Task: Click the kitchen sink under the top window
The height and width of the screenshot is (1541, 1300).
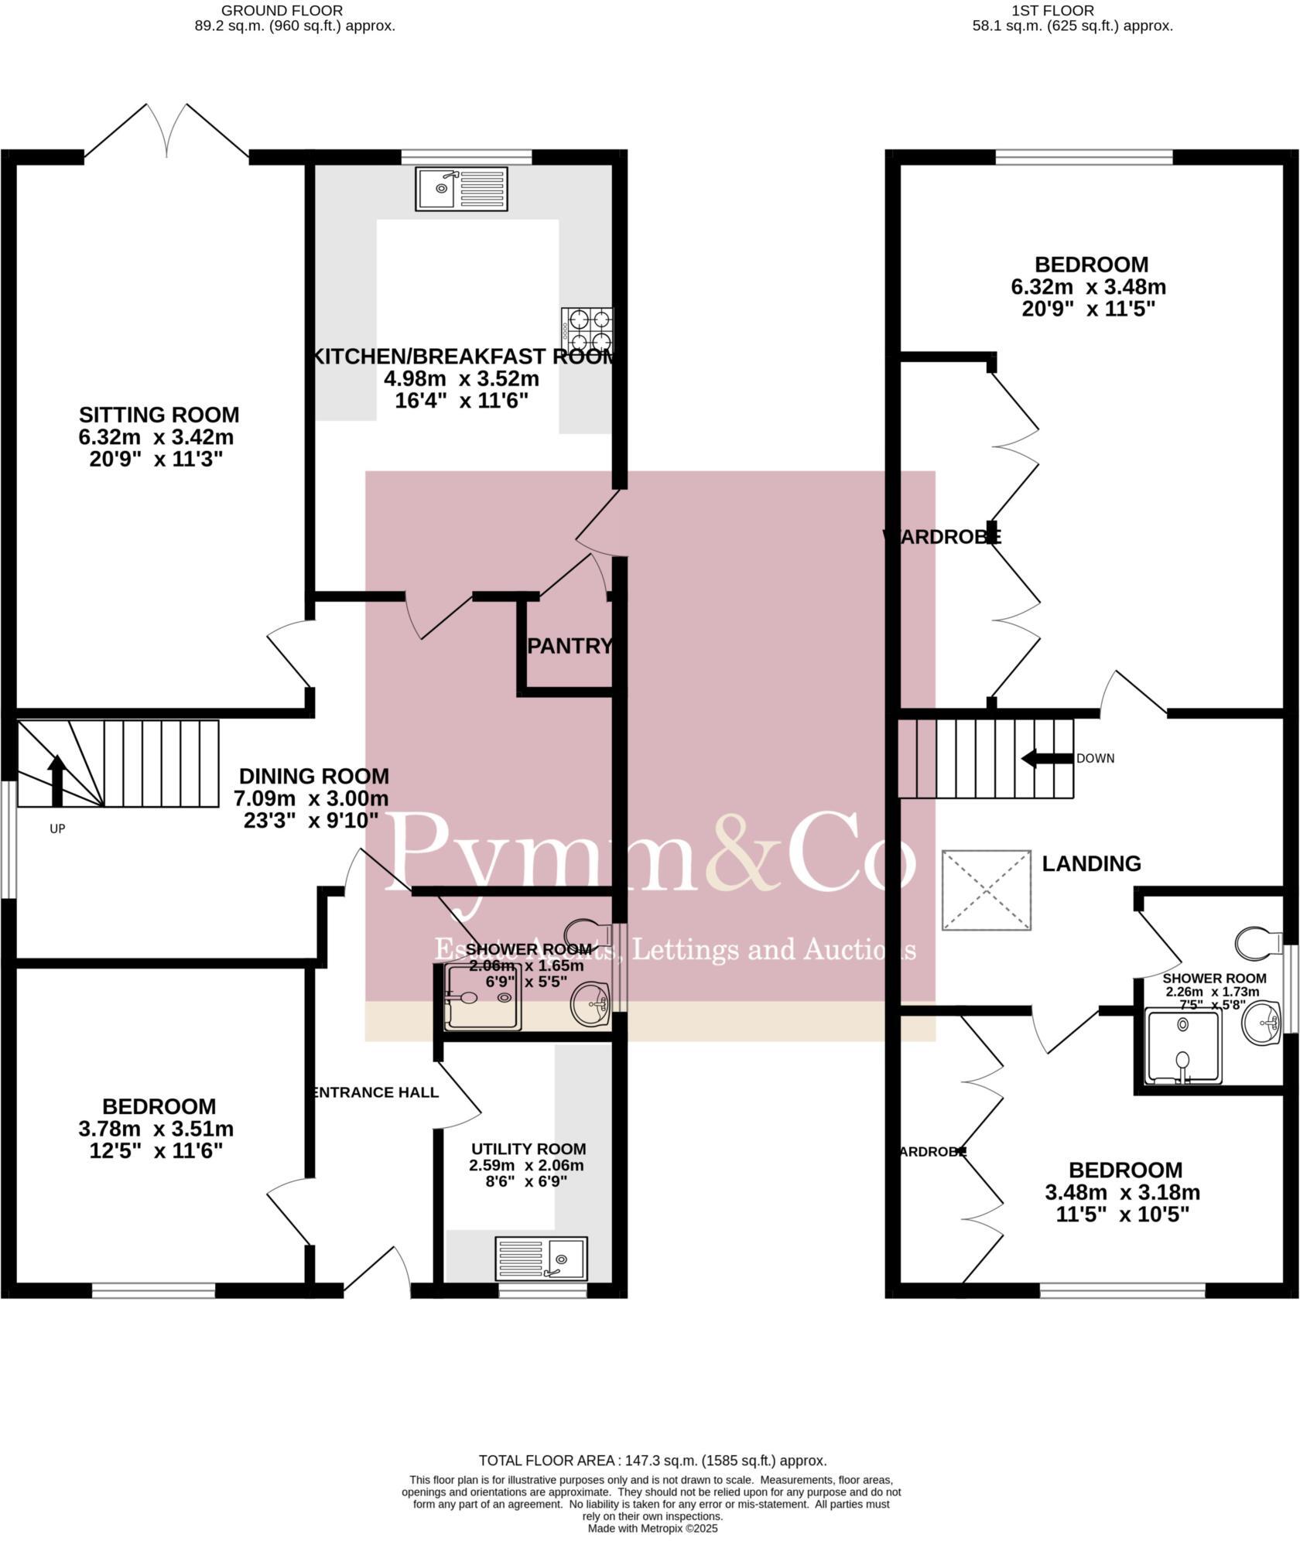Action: tap(461, 189)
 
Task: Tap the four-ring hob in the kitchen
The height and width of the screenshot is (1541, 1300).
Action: tap(588, 329)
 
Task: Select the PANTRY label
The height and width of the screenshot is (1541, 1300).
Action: tap(570, 646)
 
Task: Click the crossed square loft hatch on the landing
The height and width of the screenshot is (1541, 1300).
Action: tap(987, 890)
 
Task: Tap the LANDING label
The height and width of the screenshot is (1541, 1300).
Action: tap(1091, 863)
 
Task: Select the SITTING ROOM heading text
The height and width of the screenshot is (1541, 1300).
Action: tap(159, 415)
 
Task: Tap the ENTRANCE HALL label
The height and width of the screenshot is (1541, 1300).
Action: tap(375, 1092)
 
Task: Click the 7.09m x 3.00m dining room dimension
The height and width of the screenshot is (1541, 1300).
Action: tap(311, 798)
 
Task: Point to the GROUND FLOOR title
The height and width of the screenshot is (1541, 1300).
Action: tap(282, 10)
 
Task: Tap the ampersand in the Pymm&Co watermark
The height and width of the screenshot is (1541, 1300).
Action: tap(744, 851)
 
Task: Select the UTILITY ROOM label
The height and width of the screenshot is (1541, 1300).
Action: tap(528, 1149)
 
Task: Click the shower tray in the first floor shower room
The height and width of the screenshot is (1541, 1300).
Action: tap(1182, 1045)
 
